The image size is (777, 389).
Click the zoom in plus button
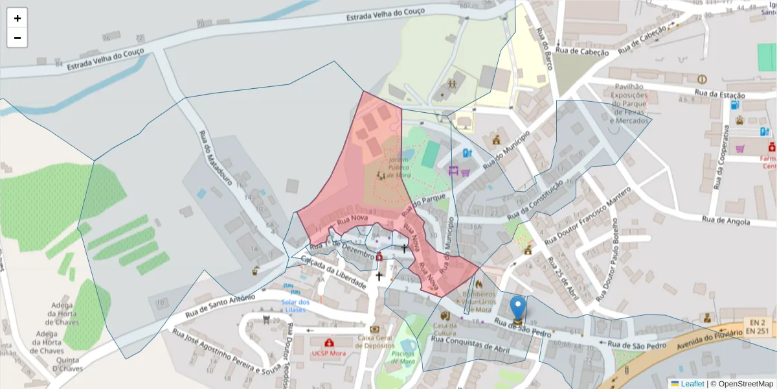(x=17, y=18)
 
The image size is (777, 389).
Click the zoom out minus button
(x=17, y=38)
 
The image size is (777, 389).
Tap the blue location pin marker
(x=518, y=309)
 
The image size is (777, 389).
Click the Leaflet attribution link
(x=692, y=384)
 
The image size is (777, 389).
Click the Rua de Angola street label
(x=726, y=220)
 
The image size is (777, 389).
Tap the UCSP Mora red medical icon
(x=330, y=342)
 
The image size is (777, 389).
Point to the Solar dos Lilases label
(x=295, y=305)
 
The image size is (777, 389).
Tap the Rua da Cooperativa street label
(x=721, y=158)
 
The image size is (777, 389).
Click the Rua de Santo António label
(x=216, y=305)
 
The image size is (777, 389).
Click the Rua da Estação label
(x=719, y=95)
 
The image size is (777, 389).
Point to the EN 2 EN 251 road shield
(x=756, y=326)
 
